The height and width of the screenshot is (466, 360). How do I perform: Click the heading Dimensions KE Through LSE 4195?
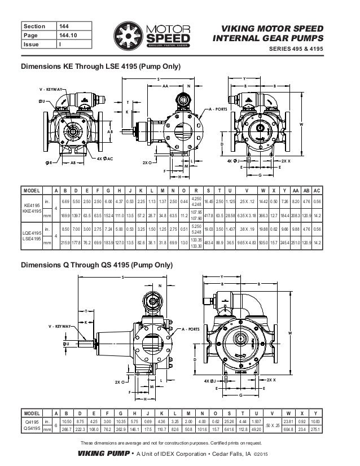tap(100, 67)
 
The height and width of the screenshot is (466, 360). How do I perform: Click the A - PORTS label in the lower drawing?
tap(193, 328)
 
